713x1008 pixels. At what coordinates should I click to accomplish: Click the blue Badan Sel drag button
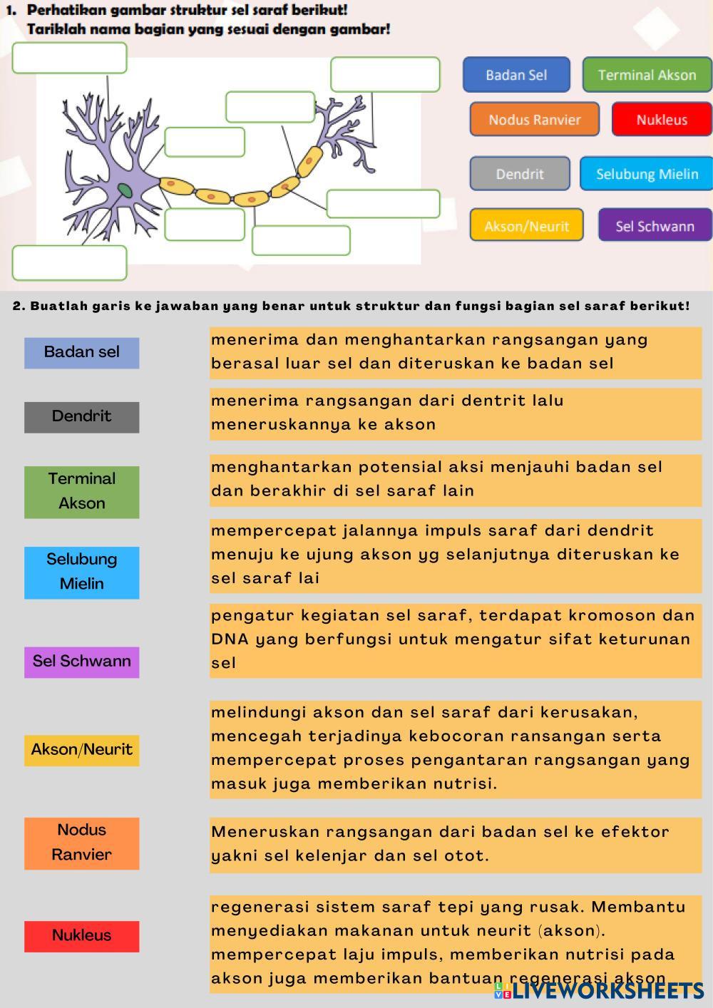click(x=516, y=75)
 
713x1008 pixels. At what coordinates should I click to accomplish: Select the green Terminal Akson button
click(x=647, y=75)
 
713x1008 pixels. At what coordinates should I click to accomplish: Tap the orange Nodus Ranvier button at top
click(x=534, y=120)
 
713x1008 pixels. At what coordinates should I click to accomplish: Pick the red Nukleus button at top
click(x=662, y=120)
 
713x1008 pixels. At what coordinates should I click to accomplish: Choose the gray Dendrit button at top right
click(x=519, y=174)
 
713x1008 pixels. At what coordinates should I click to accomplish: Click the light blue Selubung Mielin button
click(x=647, y=174)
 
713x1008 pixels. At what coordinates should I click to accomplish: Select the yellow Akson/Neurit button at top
click(x=526, y=226)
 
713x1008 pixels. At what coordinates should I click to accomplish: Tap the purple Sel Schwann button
click(x=655, y=226)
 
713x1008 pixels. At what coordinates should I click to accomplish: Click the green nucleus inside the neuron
click(x=125, y=190)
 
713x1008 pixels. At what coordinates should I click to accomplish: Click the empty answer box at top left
click(x=69, y=58)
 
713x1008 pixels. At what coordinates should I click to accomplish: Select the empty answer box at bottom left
click(x=69, y=262)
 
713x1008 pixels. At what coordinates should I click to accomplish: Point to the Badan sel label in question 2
click(x=81, y=352)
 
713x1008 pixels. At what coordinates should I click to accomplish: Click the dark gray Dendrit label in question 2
click(x=81, y=416)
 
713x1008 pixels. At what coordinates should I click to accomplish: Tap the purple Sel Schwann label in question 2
click(x=81, y=662)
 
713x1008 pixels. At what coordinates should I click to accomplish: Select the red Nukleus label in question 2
click(x=81, y=935)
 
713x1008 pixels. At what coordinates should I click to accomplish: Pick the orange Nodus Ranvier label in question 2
click(x=81, y=843)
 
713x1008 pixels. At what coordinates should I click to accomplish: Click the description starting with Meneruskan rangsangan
click(x=455, y=843)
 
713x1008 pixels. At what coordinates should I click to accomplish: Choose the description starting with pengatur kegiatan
click(x=455, y=639)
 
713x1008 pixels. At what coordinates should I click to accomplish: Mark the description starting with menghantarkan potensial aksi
click(x=455, y=479)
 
